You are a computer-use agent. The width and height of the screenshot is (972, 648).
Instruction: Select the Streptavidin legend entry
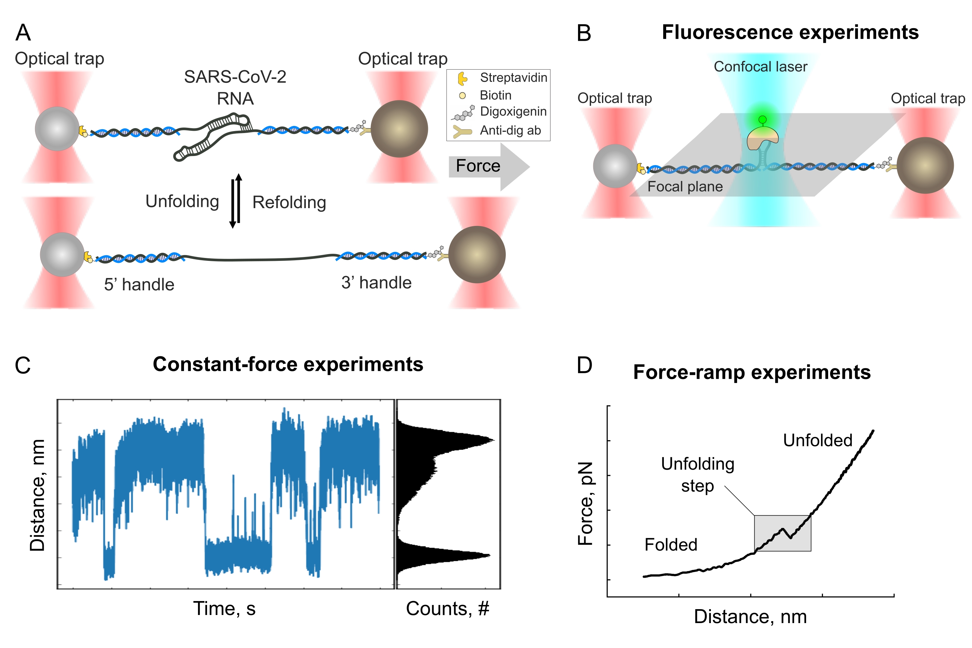coord(513,78)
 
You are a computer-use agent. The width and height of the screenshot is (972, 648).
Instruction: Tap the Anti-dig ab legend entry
coord(510,130)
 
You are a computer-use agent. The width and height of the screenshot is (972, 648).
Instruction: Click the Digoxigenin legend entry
coord(513,112)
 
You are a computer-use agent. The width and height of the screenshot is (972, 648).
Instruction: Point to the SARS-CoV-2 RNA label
coord(235,88)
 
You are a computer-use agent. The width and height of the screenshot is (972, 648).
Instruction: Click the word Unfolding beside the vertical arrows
coord(182,202)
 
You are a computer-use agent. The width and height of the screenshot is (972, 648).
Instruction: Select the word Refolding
coord(289,203)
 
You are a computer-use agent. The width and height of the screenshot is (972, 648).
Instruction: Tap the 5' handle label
coord(139,285)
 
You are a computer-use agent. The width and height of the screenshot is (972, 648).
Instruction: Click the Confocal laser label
coord(760,67)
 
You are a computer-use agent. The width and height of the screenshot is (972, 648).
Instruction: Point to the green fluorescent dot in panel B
coord(762,120)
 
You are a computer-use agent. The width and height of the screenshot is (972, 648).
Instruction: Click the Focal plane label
coord(685,187)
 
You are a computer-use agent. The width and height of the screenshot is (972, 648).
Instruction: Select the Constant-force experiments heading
coord(288,364)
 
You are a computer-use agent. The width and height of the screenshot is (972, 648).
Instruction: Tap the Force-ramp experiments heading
coord(752,372)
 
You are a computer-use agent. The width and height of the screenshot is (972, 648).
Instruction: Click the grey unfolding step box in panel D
coord(782,533)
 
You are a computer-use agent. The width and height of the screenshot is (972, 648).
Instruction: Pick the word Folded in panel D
coord(670,545)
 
